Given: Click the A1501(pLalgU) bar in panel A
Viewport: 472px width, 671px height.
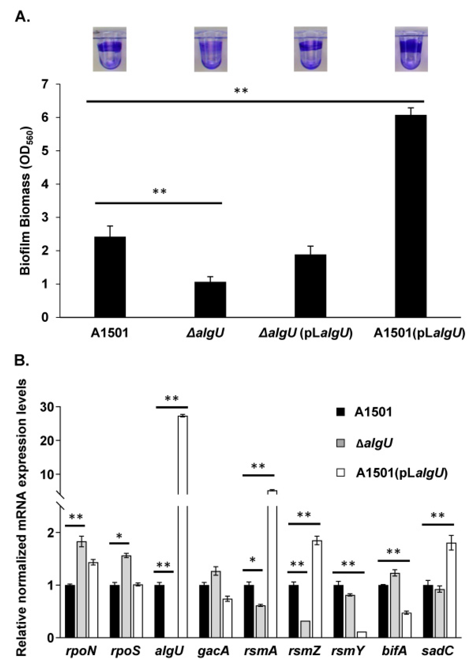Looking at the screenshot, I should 410,216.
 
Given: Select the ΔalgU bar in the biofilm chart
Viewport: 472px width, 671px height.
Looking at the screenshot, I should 210,300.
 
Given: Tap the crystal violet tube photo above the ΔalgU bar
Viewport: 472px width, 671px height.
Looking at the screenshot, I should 211,49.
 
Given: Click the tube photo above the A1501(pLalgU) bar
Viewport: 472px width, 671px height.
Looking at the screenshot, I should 411,49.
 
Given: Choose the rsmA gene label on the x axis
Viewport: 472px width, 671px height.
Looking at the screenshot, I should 260,651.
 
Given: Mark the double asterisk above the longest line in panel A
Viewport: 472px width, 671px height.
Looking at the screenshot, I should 241,91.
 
